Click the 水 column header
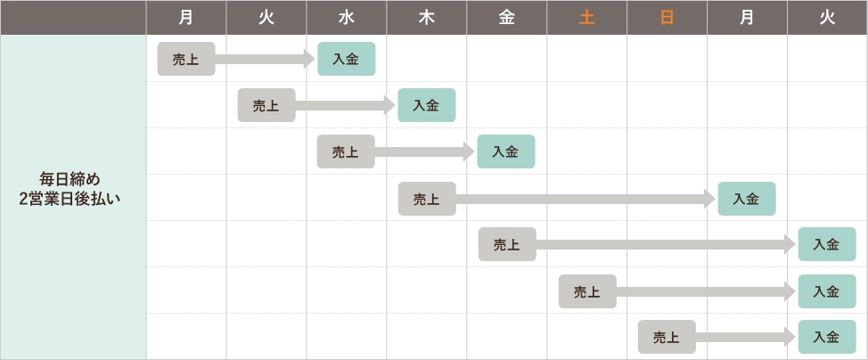click(x=347, y=18)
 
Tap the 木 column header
click(x=426, y=18)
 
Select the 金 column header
click(x=506, y=18)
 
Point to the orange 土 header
click(x=586, y=18)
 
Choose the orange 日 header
click(x=667, y=18)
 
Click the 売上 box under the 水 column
click(x=346, y=151)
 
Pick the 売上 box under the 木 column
click(x=427, y=198)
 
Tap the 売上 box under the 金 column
click(x=507, y=244)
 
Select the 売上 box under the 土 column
click(x=587, y=290)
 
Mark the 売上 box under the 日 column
click(x=667, y=337)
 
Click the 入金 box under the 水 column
click(x=346, y=59)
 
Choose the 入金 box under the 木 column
click(x=426, y=105)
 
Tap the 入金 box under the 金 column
click(x=506, y=151)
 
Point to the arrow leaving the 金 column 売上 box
click(x=664, y=244)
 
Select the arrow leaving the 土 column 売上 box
click(x=704, y=290)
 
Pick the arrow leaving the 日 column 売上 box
click(x=745, y=337)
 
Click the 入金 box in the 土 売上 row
click(x=827, y=290)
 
